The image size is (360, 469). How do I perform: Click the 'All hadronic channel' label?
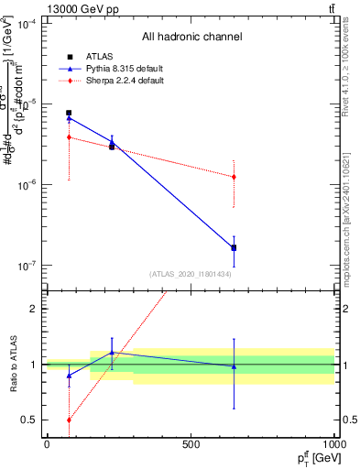191,37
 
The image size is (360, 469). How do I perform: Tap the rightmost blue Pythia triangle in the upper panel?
234,247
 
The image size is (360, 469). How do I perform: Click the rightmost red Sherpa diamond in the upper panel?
234,177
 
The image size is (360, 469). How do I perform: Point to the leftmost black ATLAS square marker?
69,113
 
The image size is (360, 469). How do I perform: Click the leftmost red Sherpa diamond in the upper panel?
69,137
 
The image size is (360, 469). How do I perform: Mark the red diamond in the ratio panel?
69,420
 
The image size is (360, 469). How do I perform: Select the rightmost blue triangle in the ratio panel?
234,366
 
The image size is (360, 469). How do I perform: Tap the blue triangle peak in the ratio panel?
112,353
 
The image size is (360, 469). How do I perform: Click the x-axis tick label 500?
191,444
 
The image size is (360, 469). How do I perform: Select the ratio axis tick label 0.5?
30,420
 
